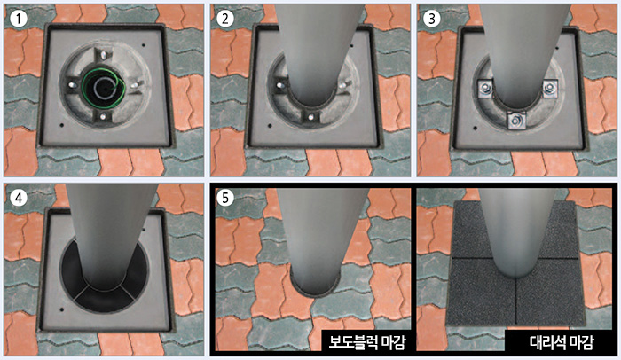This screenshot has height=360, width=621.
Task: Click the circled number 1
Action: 19,19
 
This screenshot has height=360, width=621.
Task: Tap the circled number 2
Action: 225,19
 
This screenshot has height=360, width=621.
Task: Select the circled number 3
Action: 432,19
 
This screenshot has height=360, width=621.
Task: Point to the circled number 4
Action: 19,197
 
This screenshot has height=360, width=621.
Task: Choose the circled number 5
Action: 225,197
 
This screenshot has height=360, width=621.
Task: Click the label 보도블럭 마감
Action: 367,341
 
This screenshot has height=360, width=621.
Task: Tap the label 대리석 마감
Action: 562,341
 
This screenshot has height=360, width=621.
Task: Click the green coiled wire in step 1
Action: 104,88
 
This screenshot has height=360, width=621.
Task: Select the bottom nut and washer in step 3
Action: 516,120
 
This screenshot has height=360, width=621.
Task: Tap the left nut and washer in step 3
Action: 485,89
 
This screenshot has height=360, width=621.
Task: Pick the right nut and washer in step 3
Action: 549,89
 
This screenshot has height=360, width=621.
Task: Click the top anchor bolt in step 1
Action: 103,55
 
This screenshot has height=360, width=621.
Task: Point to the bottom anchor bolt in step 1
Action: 103,117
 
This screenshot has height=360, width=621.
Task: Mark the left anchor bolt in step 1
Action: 72,85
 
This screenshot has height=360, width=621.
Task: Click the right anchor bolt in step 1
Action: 135,85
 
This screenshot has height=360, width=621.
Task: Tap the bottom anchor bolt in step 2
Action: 310,117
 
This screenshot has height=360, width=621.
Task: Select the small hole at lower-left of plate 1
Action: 61,126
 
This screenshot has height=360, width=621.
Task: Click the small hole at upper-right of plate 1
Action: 144,45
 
